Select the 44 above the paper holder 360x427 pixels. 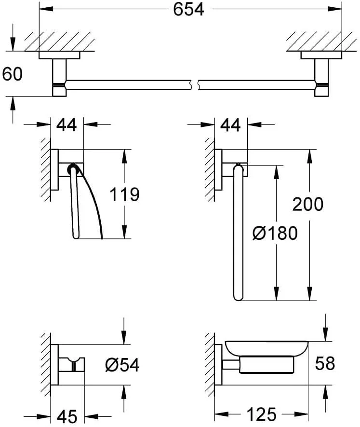[x=67, y=125]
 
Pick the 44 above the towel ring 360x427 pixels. [x=230, y=125]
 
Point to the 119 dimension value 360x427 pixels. [x=124, y=194]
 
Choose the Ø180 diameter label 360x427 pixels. [x=275, y=234]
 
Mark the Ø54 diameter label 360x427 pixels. [x=122, y=365]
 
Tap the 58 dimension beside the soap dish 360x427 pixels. [x=324, y=363]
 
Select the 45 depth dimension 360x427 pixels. [x=67, y=414]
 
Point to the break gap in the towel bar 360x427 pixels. [x=195, y=84]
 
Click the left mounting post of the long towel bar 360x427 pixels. [x=59, y=77]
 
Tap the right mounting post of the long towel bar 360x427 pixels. [x=321, y=77]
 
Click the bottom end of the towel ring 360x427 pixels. [x=238, y=295]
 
